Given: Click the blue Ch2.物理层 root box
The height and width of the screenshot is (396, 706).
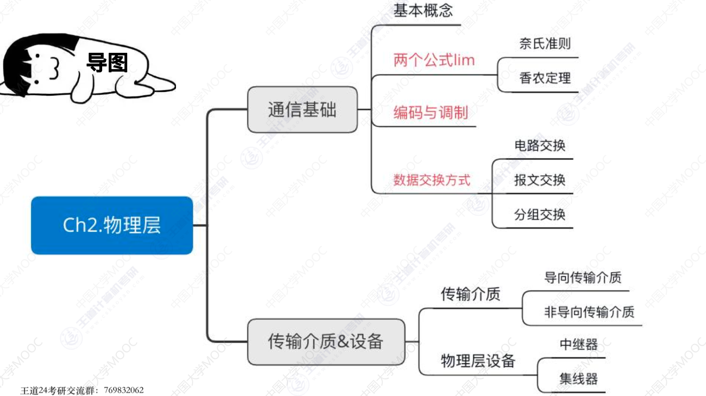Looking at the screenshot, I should [111, 225].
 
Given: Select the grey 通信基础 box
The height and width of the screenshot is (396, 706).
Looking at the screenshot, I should [302, 110].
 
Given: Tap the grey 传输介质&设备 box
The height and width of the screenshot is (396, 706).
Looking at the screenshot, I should [326, 341].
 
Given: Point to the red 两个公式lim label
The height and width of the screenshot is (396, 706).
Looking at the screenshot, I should [434, 61].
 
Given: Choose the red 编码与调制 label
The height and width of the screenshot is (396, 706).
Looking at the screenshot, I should [430, 113].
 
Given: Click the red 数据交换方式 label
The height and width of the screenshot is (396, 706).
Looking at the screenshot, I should [432, 180].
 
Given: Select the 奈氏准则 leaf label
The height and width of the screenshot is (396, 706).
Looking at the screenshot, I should [545, 44].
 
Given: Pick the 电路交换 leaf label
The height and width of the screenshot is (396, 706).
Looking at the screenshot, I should [540, 145].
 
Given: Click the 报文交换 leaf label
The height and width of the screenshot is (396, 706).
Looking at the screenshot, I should [540, 180].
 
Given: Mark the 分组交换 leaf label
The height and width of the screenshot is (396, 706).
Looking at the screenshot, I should [540, 215].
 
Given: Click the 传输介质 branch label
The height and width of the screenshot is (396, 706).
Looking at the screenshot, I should [470, 294].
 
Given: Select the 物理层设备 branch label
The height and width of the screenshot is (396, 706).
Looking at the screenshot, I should [478, 361].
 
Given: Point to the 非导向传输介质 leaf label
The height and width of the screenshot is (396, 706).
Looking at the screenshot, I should [589, 311].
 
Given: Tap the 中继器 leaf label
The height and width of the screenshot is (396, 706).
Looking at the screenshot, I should [578, 344].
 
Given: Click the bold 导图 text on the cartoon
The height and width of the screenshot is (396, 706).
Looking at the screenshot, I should [107, 63].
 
